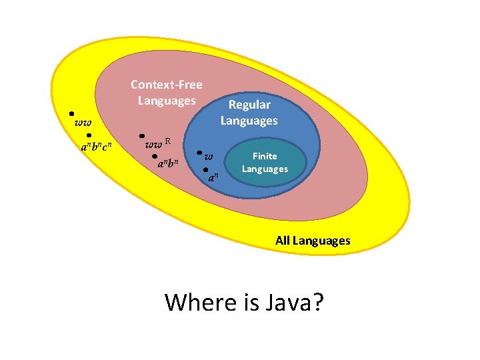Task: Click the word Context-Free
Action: coord(166,85)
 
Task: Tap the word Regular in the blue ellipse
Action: coord(249,105)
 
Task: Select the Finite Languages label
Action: coord(265,162)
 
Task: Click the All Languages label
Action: coord(312,241)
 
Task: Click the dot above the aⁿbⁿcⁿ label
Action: coord(89,135)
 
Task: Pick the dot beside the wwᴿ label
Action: coord(141,134)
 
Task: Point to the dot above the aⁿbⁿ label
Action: coord(154,156)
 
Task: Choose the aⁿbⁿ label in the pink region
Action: coord(169,163)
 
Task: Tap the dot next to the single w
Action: coord(200,153)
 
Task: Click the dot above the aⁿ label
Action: coord(205,169)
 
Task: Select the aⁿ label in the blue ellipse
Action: coord(213,179)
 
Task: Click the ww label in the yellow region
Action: coord(83,123)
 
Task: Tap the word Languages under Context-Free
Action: coord(166,101)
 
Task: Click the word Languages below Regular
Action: coord(249,121)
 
